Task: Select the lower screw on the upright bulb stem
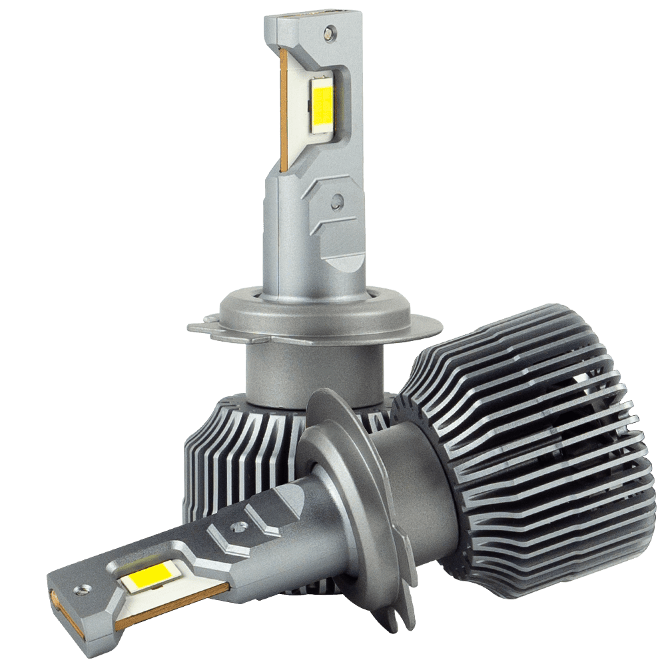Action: (338, 199)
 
